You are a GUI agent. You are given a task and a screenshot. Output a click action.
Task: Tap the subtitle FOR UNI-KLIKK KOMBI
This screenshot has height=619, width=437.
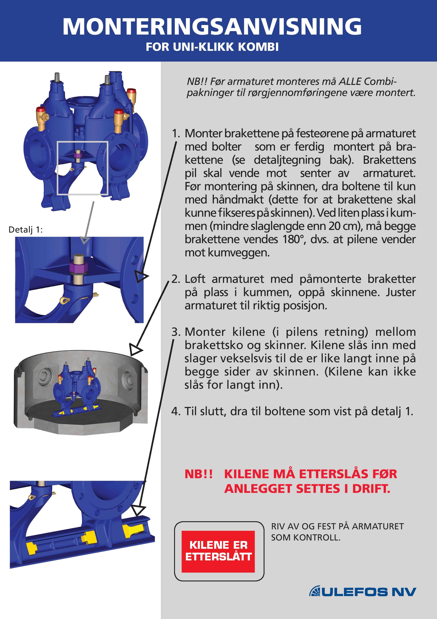[212, 47]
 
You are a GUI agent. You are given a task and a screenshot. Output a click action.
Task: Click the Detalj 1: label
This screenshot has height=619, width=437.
[26, 230]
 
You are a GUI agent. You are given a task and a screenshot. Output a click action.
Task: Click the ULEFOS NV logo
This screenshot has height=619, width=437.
[362, 592]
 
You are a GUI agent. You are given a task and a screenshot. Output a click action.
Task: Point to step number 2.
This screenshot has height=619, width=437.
[176, 279]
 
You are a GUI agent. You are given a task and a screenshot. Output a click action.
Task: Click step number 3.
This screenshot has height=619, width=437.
[176, 332]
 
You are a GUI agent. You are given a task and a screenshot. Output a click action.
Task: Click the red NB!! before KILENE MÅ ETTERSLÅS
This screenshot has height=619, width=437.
[198, 474]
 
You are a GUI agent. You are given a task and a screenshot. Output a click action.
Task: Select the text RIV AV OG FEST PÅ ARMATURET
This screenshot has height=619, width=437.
[337, 526]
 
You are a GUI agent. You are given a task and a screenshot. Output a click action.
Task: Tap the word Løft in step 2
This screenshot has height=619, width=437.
[195, 279]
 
